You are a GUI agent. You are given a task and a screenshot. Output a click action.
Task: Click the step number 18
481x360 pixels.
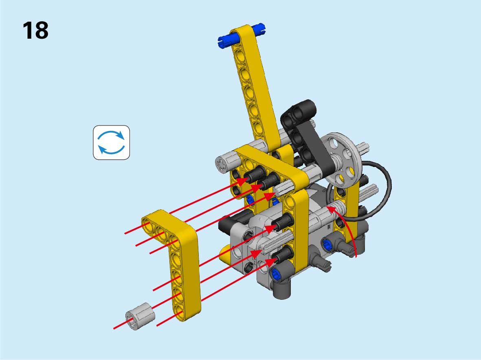pyautogui.click(x=35, y=31)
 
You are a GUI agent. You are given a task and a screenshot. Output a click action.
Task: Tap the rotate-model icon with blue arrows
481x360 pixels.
pyautogui.click(x=111, y=143)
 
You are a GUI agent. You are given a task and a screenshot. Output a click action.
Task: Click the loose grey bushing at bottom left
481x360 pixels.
pyautogui.click(x=140, y=316)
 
